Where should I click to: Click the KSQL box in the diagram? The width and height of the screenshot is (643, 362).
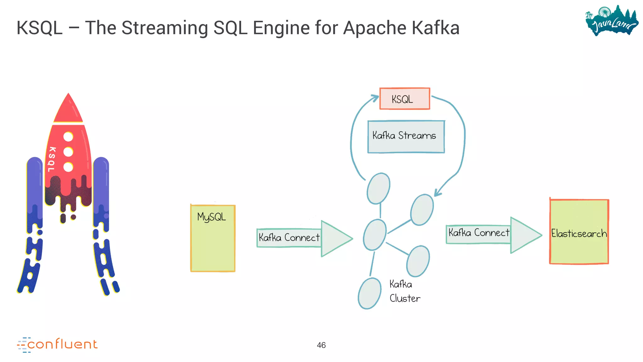click(x=404, y=99)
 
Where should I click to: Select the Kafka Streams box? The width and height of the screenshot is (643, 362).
click(x=406, y=136)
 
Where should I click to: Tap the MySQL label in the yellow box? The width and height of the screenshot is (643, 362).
click(x=211, y=217)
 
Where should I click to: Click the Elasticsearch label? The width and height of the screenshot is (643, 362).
click(x=579, y=233)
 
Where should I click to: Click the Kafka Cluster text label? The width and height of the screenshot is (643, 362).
click(x=404, y=291)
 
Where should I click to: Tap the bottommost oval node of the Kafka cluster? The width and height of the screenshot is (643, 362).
click(x=370, y=293)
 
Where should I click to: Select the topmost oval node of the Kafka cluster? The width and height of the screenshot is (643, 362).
click(x=378, y=188)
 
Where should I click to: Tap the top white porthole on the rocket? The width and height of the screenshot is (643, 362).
click(x=68, y=137)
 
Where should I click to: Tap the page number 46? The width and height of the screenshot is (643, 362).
click(x=321, y=345)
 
